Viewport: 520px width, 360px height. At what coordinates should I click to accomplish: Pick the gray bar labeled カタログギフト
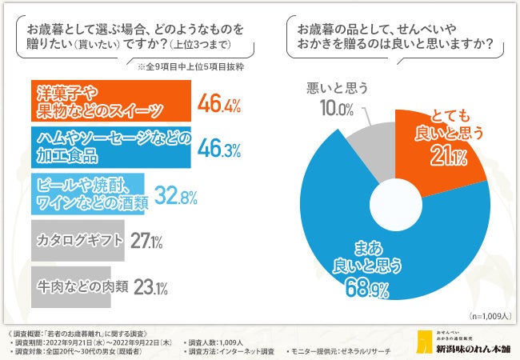click(78, 239)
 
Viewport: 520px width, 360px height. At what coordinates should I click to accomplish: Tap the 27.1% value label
click(148, 240)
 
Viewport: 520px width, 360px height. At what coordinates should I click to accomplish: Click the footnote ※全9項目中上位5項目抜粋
click(190, 66)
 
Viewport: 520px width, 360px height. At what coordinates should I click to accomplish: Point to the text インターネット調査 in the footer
click(244, 351)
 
